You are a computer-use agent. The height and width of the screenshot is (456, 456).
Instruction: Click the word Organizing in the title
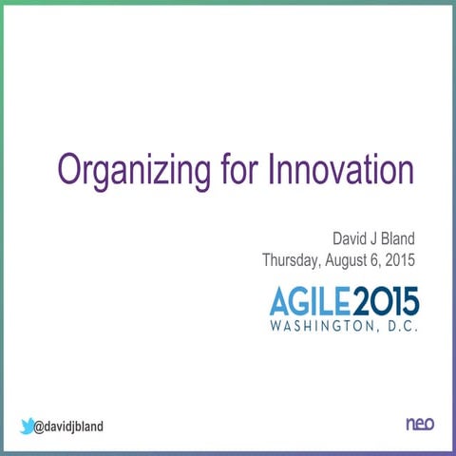tap(132, 172)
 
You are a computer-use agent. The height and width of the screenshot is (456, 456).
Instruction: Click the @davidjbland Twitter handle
tap(68, 427)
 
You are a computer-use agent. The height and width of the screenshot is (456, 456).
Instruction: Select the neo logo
tap(420, 425)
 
